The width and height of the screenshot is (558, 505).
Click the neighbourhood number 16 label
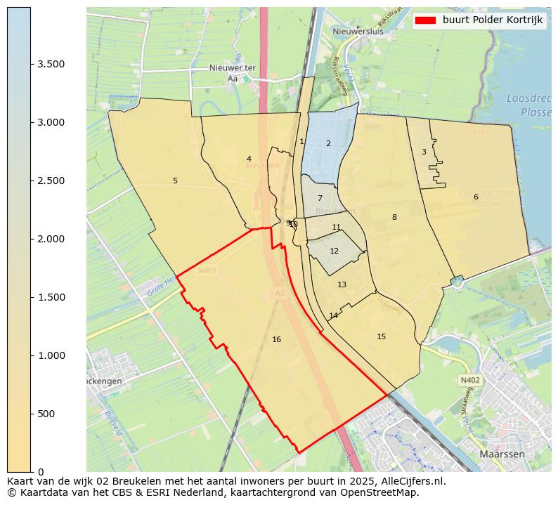(276, 340)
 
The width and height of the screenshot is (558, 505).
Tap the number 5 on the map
(175, 181)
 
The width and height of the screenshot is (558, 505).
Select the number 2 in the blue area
(327, 144)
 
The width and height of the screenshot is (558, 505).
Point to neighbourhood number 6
(476, 197)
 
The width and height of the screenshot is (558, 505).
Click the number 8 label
(394, 218)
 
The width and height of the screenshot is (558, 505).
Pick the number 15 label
(381, 337)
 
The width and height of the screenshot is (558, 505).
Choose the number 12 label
(334, 251)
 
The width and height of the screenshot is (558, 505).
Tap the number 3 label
(424, 152)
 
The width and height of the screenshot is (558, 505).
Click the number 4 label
(249, 159)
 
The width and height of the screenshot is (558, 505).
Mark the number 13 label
(342, 285)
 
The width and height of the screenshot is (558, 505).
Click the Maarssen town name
(502, 454)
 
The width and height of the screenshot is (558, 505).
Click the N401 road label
(207, 270)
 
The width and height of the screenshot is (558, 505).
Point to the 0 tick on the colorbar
(41, 472)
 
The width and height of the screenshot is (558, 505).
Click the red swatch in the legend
(426, 20)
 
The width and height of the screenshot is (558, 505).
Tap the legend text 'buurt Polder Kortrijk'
(493, 20)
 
